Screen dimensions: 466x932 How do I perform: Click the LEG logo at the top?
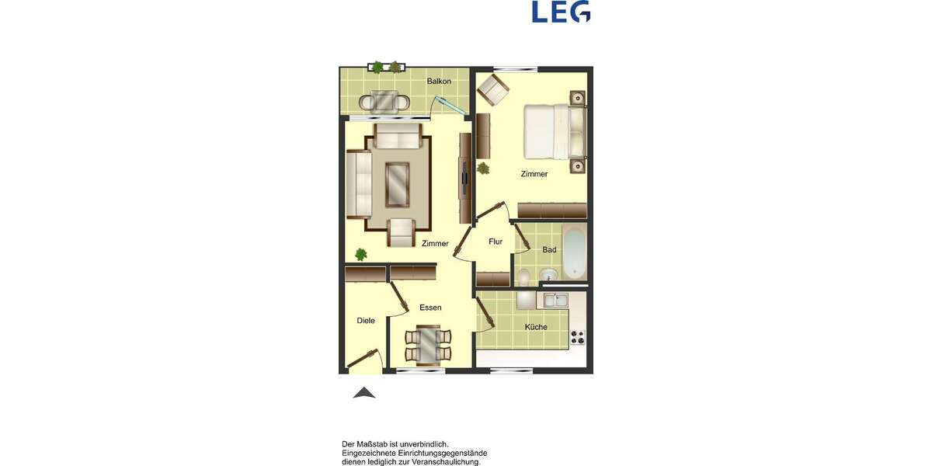click(x=561, y=12)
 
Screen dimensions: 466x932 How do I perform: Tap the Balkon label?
click(x=439, y=81)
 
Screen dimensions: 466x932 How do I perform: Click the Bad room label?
click(x=549, y=250)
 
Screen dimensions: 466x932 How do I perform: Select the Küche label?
click(x=536, y=327)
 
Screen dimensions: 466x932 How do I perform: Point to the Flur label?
click(x=496, y=242)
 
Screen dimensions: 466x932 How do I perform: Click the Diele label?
click(x=366, y=320)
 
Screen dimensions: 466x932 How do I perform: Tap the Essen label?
click(x=430, y=308)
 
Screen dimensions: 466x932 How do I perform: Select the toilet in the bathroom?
click(x=524, y=275)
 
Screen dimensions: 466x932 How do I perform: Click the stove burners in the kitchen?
click(x=577, y=336)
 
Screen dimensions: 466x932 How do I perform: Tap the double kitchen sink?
click(x=555, y=300)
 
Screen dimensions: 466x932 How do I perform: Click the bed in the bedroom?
click(x=553, y=131)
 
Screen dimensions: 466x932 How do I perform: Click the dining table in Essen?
click(x=427, y=346)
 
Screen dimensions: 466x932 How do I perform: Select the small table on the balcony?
click(x=384, y=101)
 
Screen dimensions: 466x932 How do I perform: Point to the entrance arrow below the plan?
click(x=364, y=393)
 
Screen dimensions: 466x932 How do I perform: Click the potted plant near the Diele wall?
click(x=360, y=254)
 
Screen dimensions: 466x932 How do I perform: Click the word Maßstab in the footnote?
click(x=386, y=443)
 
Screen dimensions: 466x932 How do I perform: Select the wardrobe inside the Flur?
click(x=492, y=279)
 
